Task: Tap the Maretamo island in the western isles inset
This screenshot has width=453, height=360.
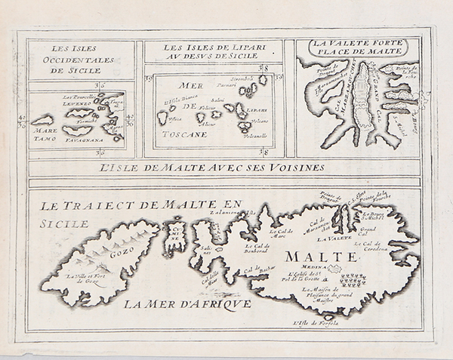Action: [42, 120]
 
